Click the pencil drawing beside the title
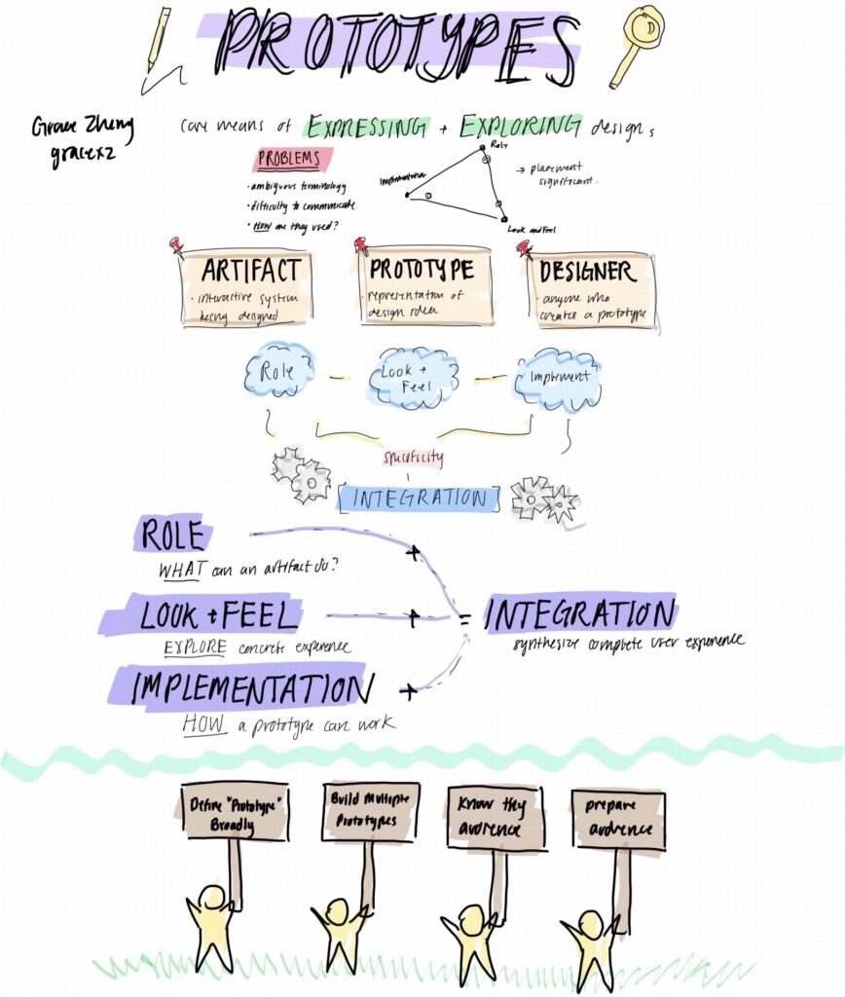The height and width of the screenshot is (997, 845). [157, 42]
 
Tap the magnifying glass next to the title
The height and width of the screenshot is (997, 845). [637, 44]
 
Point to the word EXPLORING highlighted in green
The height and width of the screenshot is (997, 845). [521, 127]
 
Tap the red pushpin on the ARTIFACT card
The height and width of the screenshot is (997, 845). [176, 245]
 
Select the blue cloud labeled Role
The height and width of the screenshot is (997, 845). [279, 370]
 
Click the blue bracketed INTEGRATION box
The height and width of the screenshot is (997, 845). [419, 498]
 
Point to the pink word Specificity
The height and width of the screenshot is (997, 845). [414, 457]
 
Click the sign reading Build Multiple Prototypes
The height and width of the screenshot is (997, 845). [370, 811]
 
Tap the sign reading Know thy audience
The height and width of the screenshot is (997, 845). [496, 818]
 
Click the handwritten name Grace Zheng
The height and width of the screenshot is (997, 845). [82, 129]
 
